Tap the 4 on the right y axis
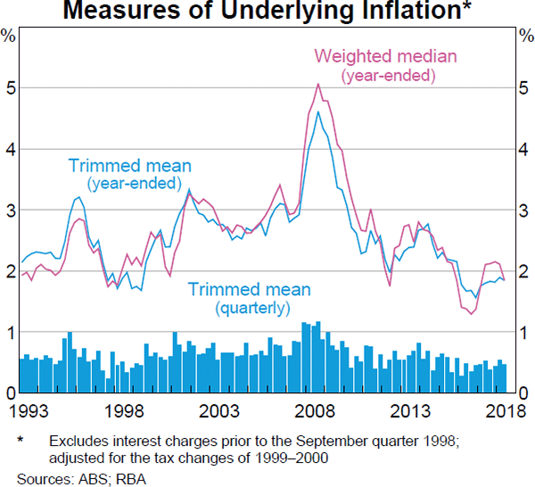pos(523,150)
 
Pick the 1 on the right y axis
pos(523,332)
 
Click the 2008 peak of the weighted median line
pos(319,85)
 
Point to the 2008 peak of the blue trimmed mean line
pos(319,111)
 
